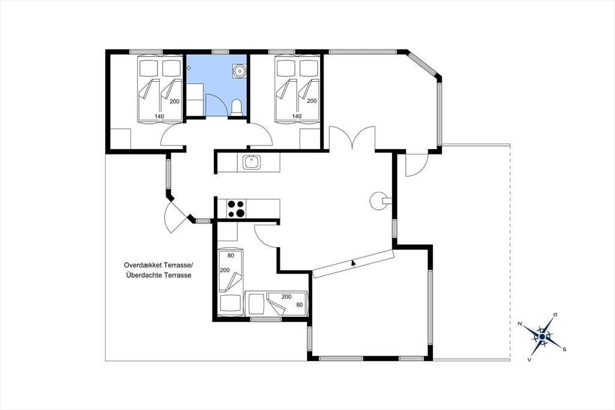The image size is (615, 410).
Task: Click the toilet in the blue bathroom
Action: click(x=236, y=108)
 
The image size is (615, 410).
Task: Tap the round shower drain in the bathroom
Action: click(x=238, y=71)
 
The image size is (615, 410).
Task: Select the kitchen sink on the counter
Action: click(x=252, y=162)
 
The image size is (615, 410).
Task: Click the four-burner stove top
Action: click(x=236, y=209)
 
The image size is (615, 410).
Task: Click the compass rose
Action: click(x=542, y=337)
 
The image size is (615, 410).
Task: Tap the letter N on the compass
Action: click(x=520, y=323)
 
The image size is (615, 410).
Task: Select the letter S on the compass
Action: click(x=564, y=349)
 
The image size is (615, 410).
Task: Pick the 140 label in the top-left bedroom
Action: click(x=159, y=116)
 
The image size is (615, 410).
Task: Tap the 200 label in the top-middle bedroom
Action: click(x=312, y=101)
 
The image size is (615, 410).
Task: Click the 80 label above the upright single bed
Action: click(x=231, y=255)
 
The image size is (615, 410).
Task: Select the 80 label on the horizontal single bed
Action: click(x=300, y=304)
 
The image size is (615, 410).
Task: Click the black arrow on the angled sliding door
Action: click(x=353, y=263)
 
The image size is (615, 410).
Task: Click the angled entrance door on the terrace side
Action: click(x=175, y=217)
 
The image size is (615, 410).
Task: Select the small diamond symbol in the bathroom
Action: click(x=189, y=69)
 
